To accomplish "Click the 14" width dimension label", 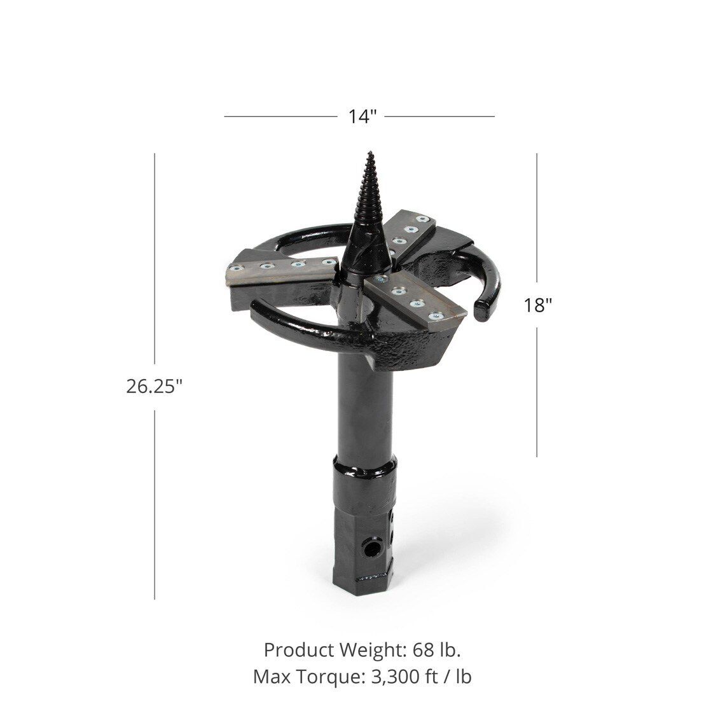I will [x=362, y=117].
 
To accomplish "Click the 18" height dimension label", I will [x=537, y=305].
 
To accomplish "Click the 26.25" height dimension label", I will [x=155, y=386].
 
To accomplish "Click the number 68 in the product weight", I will [x=422, y=650].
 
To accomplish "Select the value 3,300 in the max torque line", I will [x=388, y=677].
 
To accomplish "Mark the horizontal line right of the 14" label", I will [x=439, y=117].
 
